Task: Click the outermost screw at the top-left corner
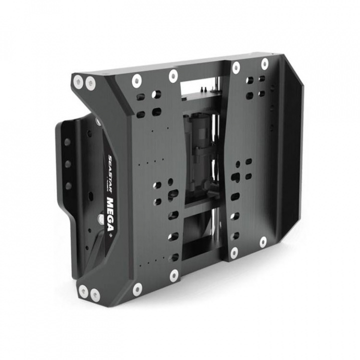pos(78,80)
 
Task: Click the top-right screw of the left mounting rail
pos(173,76)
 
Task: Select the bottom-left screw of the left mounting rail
pos(137,288)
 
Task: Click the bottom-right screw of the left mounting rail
pos(174,274)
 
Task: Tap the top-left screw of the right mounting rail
pos(235,67)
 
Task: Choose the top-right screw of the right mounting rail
pos(264,63)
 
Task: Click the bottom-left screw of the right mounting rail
pos(233,252)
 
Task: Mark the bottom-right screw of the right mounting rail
pos(263,242)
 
